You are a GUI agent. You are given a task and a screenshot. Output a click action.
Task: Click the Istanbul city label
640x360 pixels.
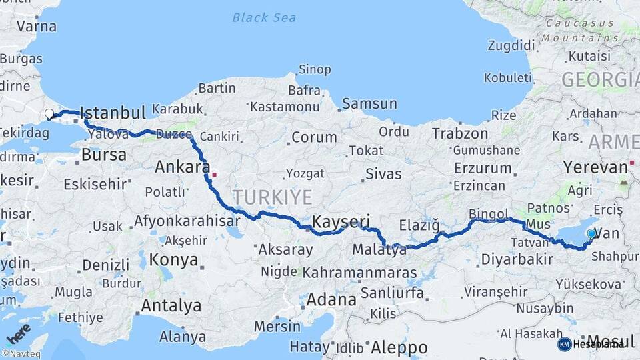tap(113, 113)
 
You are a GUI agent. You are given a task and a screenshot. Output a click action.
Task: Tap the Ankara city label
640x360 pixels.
tap(182, 167)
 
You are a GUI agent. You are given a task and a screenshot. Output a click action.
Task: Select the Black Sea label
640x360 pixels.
tap(264, 17)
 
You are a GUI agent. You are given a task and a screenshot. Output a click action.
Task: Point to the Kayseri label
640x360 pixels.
tap(341, 221)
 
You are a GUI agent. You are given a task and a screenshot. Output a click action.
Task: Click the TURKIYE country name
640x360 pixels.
tap(272, 197)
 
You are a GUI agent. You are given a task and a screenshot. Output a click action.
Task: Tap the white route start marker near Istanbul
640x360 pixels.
tap(49, 114)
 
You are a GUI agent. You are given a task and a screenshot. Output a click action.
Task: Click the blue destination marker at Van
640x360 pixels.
tap(591, 233)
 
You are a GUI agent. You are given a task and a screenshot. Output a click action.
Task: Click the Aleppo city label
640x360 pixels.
tap(399, 347)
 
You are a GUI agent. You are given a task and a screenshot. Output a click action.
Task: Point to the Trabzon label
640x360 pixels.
tap(460, 134)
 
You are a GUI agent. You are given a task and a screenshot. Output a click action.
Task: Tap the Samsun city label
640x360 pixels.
tap(369, 104)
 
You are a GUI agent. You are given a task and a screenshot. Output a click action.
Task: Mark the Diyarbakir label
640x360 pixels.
tap(517, 259)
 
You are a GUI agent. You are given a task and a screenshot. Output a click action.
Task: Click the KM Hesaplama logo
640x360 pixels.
tap(592, 344)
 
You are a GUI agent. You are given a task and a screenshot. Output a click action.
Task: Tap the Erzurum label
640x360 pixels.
tap(483, 168)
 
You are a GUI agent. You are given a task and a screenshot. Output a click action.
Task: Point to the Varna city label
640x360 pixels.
tap(36, 27)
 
